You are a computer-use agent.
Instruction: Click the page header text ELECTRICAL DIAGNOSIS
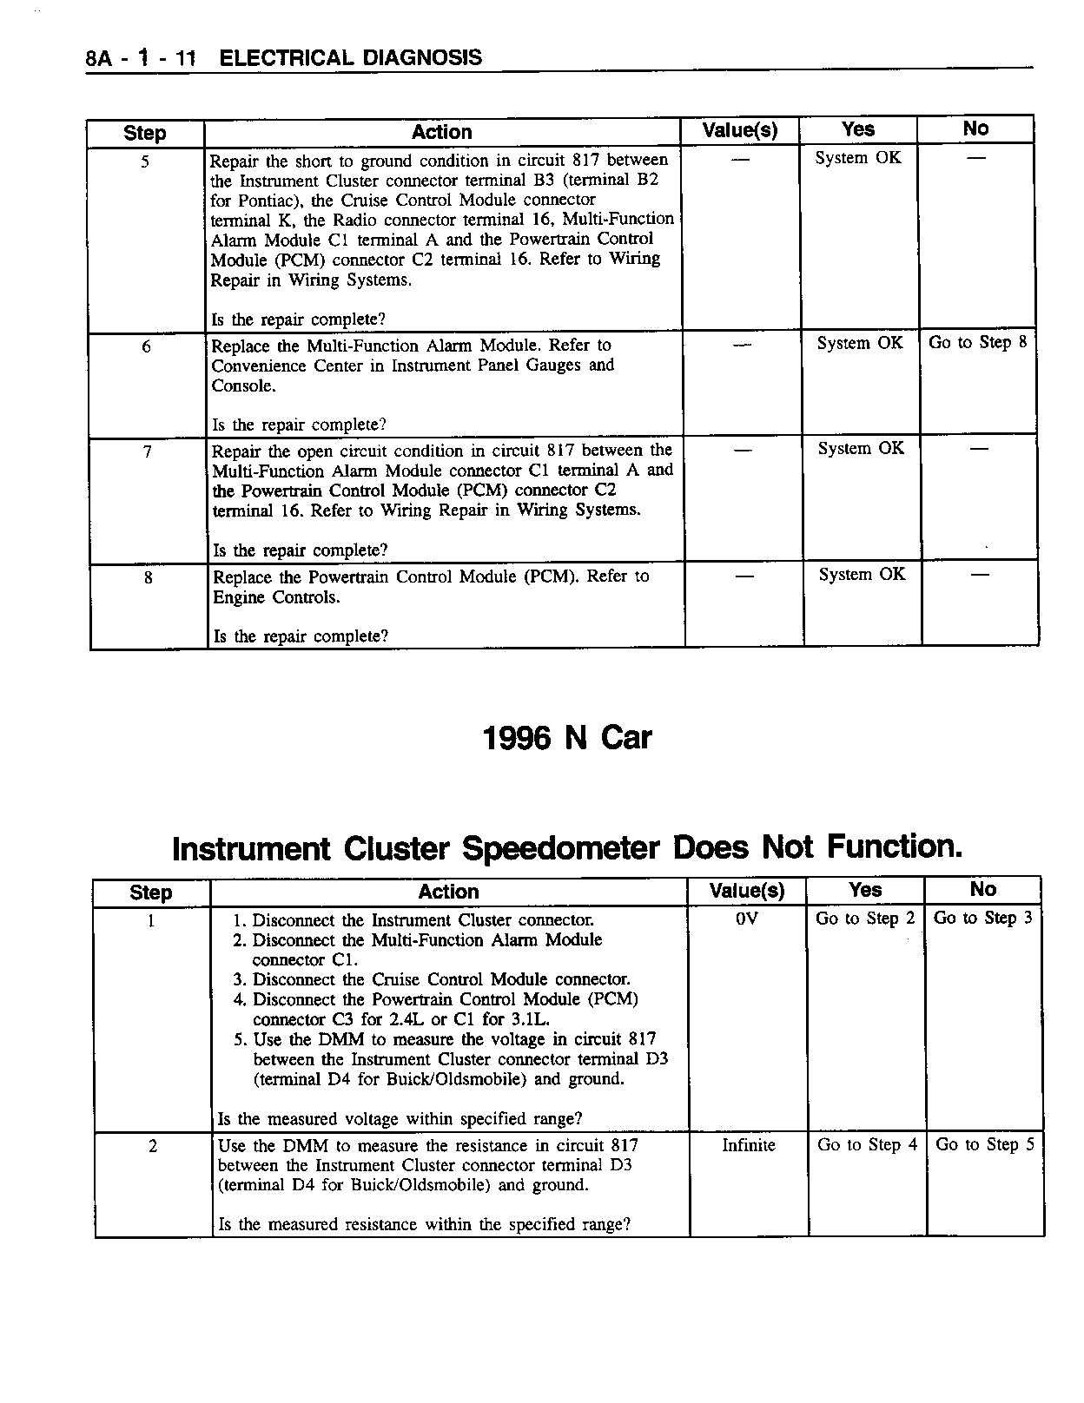point(351,58)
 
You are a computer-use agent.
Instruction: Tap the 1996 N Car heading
point(566,738)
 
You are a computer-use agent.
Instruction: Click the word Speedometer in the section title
point(560,847)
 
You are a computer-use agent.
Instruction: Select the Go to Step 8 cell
point(977,342)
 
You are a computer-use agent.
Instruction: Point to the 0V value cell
point(746,918)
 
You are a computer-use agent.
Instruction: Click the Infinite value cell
point(748,1145)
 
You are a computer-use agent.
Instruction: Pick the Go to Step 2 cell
point(865,918)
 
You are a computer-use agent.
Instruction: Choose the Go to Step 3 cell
point(983,918)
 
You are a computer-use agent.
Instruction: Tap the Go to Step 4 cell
point(867,1145)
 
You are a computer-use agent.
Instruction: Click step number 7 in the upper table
point(147,451)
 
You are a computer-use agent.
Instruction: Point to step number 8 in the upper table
point(149,576)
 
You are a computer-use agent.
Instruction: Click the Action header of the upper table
point(441,132)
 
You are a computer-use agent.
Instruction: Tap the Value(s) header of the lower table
point(746,891)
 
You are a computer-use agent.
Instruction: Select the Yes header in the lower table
point(865,890)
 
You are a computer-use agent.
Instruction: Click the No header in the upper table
point(975,128)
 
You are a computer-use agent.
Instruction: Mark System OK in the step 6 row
point(860,343)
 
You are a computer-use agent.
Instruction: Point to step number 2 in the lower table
point(153,1146)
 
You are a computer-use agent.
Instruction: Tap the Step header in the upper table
point(144,133)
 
